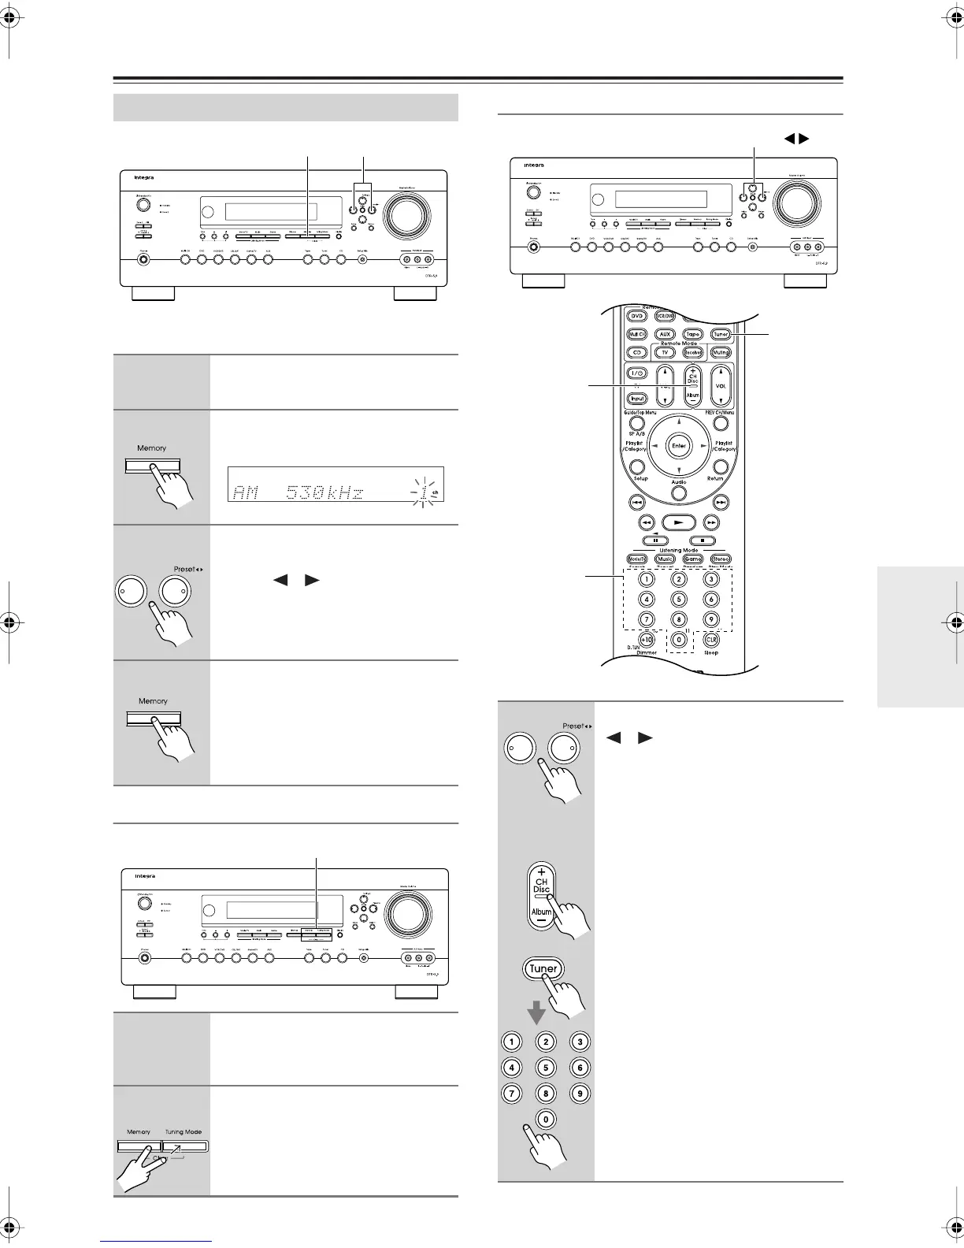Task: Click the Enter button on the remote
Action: click(x=679, y=445)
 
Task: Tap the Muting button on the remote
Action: click(x=720, y=352)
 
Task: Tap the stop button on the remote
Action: click(x=706, y=540)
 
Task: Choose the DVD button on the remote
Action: click(x=636, y=316)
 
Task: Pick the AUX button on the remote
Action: click(x=666, y=334)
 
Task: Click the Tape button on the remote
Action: click(x=692, y=334)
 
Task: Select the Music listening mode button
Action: click(x=666, y=559)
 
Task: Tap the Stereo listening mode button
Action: click(x=720, y=559)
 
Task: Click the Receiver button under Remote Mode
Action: click(x=693, y=352)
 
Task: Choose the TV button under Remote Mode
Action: click(x=666, y=352)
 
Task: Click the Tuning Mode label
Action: click(x=183, y=1132)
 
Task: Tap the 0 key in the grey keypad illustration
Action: click(x=546, y=1119)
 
